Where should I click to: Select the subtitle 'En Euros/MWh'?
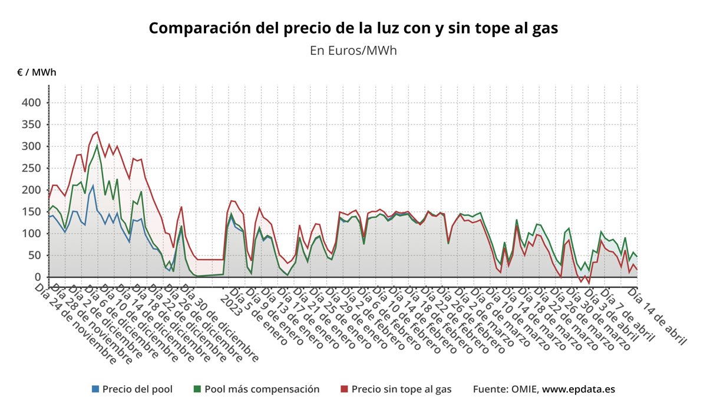pos(353,50)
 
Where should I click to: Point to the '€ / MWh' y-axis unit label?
pos(37,73)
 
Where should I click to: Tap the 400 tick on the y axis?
pos(31,103)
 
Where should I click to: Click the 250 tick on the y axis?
pos(31,168)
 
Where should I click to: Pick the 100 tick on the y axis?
pos(31,234)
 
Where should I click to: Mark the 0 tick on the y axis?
pos(37,277)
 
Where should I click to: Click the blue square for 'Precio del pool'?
pos(95,389)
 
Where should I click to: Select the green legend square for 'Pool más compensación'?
pos(197,389)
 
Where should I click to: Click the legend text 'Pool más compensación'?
pos(262,389)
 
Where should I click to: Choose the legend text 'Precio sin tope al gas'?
pos(401,389)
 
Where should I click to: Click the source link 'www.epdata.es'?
pos(579,389)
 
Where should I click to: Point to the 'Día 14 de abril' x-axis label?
pos(657,316)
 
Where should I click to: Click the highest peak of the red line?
pos(97,132)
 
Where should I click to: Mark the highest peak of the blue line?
pos(92,185)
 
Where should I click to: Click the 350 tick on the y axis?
pos(31,125)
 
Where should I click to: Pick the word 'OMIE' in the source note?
pos(523,389)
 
